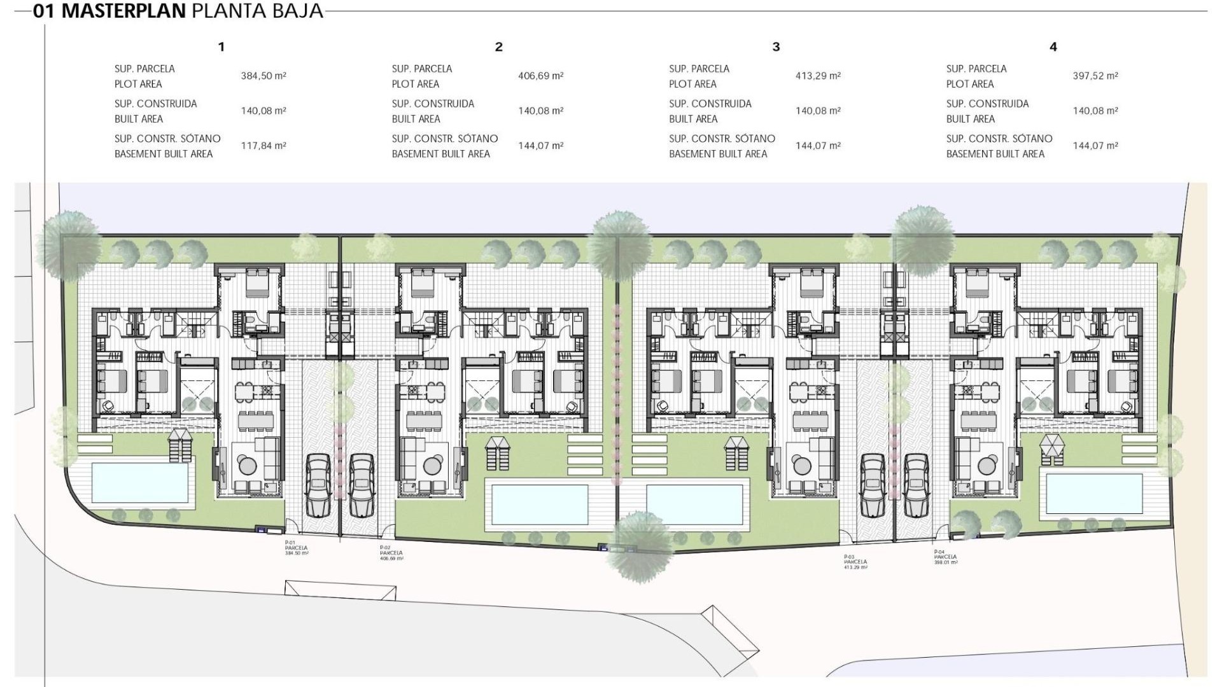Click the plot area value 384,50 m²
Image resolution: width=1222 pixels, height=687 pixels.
263,76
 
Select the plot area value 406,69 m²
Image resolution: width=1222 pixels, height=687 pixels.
540,76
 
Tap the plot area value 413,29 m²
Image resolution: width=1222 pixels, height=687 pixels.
818,76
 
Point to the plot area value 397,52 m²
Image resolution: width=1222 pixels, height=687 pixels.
1095,76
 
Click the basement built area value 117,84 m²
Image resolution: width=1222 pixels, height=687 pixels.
263,146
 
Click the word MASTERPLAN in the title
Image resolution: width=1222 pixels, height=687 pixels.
123,11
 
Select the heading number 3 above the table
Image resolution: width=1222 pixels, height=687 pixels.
776,46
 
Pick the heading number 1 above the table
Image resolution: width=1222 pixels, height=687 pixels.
221,46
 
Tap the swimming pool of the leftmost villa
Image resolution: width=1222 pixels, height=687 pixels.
140,482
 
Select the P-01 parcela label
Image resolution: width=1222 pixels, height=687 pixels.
297,548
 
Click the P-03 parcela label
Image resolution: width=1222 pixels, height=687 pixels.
855,562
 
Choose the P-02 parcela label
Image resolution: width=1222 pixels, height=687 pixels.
391,553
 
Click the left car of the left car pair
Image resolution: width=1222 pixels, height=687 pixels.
317,485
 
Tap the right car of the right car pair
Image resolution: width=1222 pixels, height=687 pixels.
916,485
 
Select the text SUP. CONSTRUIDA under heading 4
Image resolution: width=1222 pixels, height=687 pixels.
987,104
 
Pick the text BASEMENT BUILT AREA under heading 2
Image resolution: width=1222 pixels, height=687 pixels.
440,154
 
